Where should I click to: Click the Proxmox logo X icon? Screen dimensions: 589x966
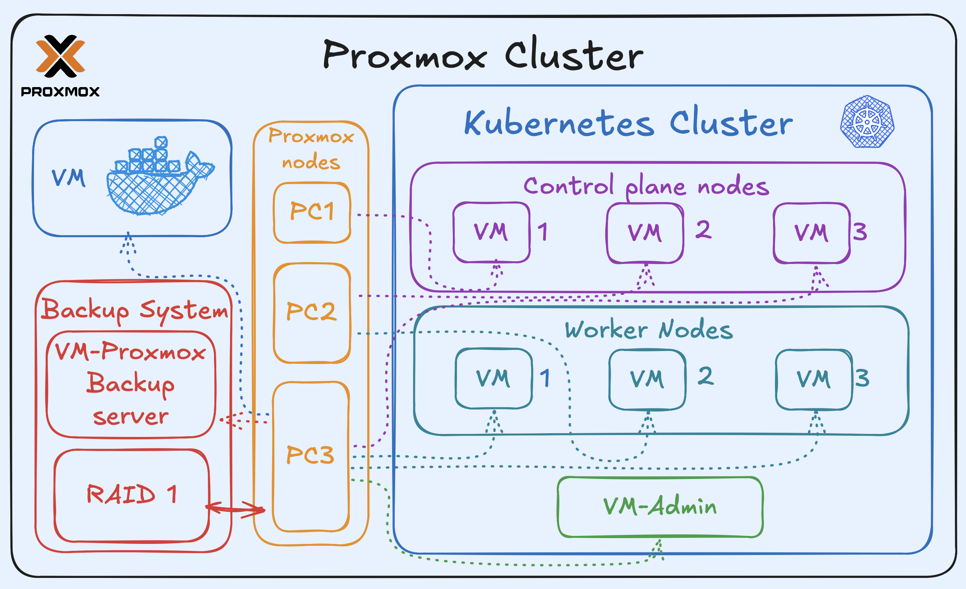[x=60, y=56]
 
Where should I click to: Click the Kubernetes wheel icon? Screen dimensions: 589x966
[x=867, y=121]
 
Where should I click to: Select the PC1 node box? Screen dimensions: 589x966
[x=312, y=212]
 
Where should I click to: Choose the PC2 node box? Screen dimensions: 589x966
[x=312, y=313]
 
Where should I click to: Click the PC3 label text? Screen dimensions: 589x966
[x=310, y=455]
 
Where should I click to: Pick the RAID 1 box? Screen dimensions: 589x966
[x=131, y=495]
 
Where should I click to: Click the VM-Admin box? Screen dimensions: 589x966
[x=660, y=506]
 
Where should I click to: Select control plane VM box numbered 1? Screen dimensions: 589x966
[x=491, y=232]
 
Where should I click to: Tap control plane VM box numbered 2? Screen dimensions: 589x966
[x=645, y=233]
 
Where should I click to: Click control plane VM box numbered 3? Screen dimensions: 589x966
[x=811, y=233]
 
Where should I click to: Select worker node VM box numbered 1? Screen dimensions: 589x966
[x=493, y=379]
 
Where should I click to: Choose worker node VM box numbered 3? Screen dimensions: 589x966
[x=814, y=379]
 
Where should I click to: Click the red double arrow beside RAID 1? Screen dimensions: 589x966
[x=235, y=509]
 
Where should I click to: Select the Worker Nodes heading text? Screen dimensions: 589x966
[x=648, y=330]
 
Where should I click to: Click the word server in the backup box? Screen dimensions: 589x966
[x=131, y=417]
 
